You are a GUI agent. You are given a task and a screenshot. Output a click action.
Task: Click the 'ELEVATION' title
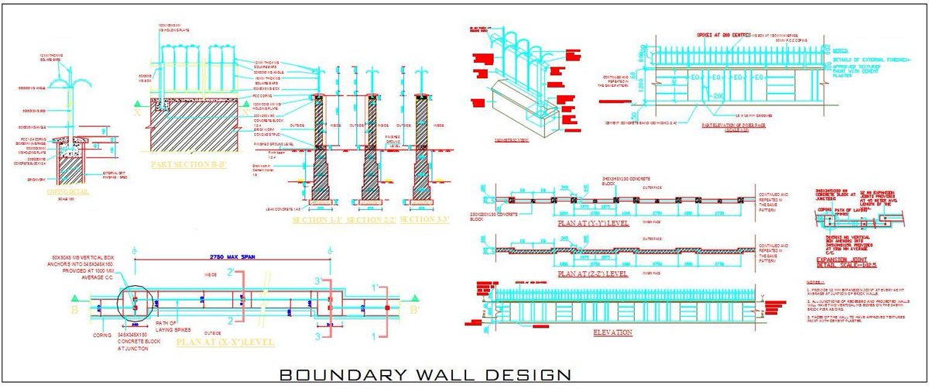point(612,332)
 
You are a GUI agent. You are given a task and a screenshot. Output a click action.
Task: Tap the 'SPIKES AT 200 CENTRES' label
point(725,36)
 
